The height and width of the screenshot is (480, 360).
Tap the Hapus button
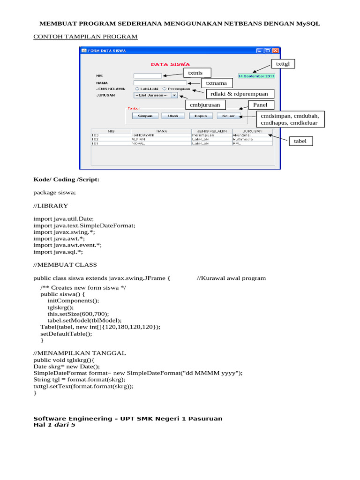201,115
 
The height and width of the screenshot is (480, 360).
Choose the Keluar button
229,115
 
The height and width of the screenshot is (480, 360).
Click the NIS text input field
147,75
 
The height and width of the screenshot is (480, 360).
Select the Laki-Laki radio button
137,88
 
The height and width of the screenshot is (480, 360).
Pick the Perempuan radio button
164,88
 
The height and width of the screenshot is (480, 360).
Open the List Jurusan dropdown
156,95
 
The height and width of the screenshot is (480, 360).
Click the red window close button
276,51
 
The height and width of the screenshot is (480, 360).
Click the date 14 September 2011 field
256,75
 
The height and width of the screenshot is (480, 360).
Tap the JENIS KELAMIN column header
211,131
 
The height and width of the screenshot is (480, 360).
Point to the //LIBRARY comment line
51,205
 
